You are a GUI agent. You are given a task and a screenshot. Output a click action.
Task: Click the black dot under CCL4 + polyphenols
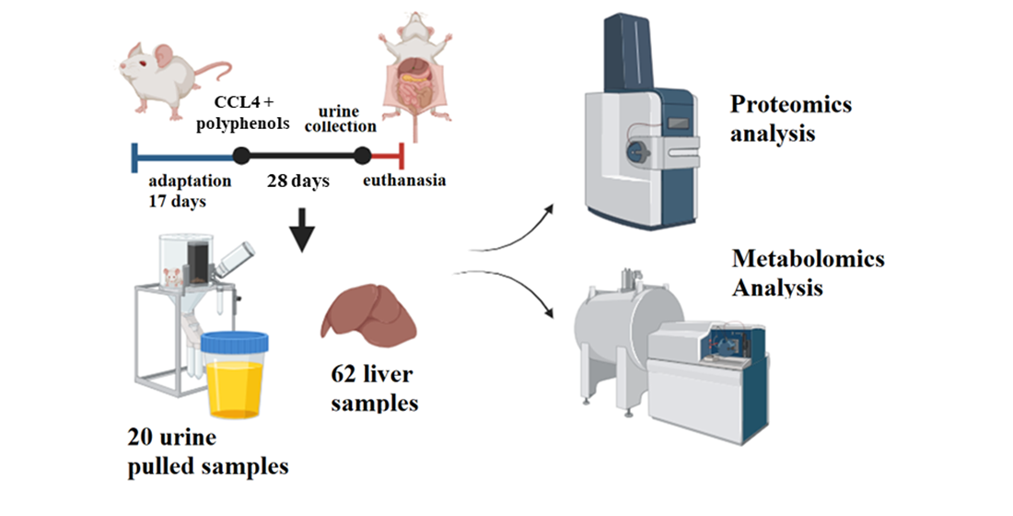pyautogui.click(x=241, y=155)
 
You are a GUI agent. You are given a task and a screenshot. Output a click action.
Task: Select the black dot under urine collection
pyautogui.click(x=362, y=155)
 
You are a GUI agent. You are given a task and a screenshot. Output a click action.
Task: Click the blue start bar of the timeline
pyautogui.click(x=135, y=155)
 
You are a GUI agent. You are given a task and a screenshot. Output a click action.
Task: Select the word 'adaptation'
pyautogui.click(x=183, y=181)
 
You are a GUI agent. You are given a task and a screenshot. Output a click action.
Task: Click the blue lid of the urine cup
pyautogui.click(x=238, y=343)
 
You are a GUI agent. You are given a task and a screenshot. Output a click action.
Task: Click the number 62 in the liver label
pyautogui.click(x=344, y=375)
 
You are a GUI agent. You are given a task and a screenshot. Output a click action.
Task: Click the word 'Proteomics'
pyautogui.click(x=791, y=104)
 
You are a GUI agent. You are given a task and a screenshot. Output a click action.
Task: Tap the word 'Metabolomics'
pyautogui.click(x=808, y=259)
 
